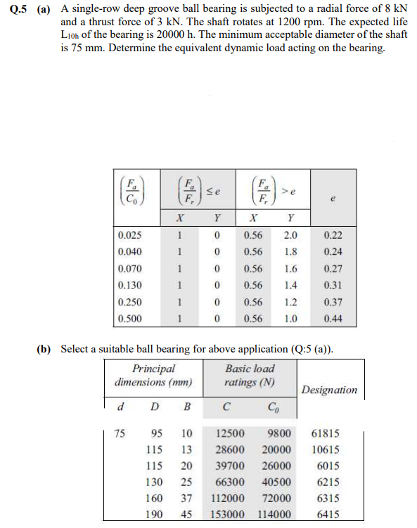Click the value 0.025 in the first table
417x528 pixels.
[131, 237]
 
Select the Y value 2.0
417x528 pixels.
[290, 237]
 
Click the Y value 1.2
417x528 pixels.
[290, 302]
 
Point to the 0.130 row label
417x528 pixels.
[131, 286]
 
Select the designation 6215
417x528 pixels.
[327, 482]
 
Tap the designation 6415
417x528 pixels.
[327, 514]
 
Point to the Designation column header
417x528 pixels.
[329, 390]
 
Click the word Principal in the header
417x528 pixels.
[153, 369]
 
